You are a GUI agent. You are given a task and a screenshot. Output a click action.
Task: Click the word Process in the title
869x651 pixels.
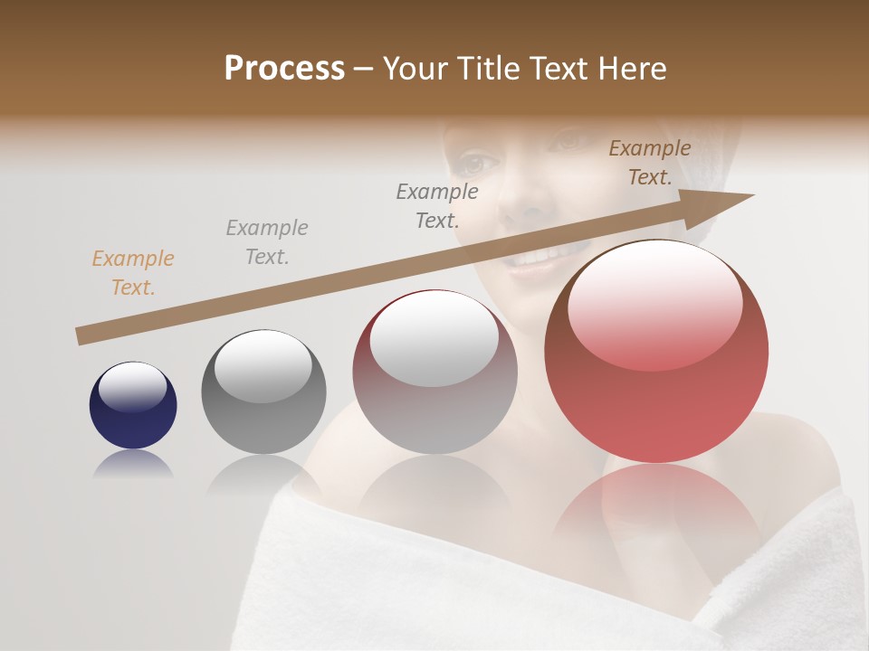coord(284,69)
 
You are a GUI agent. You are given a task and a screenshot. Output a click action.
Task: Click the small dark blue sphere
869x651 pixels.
coord(133,416)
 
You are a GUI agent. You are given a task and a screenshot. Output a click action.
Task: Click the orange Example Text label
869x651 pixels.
coord(133,273)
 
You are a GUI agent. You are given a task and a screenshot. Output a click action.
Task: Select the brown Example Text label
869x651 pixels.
coord(650,163)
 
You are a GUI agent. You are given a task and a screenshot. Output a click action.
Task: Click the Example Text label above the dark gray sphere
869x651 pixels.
coord(267,242)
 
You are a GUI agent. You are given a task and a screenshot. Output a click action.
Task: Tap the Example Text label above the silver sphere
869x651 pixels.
coord(437,205)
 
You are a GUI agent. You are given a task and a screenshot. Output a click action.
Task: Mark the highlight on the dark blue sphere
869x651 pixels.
coord(133,387)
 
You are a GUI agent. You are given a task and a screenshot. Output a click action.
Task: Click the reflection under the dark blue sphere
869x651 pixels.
coord(133,465)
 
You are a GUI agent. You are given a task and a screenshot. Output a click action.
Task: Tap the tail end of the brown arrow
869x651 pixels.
coord(84,336)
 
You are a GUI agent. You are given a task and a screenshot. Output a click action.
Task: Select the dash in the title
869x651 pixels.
coord(363,69)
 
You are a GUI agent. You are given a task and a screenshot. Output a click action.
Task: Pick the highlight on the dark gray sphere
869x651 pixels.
coord(263,366)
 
